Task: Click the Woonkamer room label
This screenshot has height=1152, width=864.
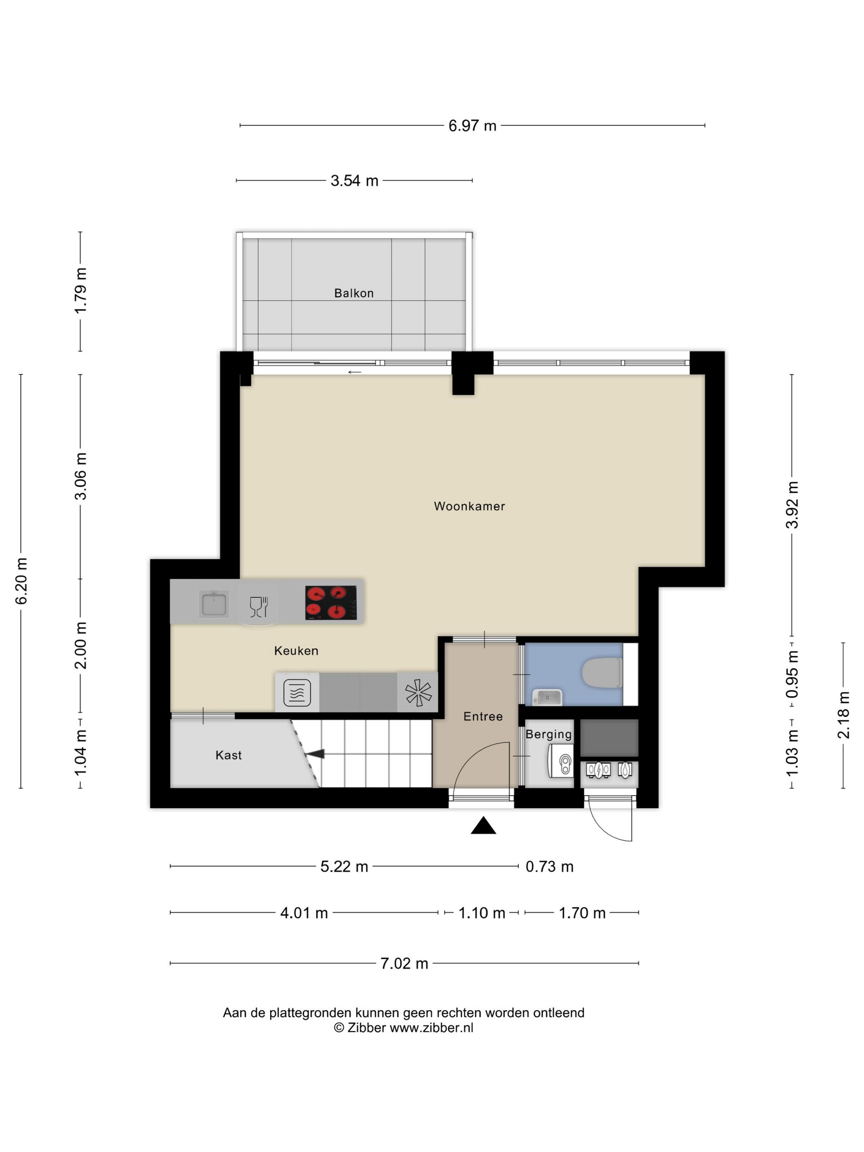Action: (x=469, y=506)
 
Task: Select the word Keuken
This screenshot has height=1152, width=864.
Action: (x=296, y=650)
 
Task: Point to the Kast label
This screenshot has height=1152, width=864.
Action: (x=229, y=755)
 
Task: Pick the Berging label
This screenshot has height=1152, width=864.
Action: (x=548, y=735)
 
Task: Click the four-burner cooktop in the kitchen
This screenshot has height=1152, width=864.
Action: (x=331, y=603)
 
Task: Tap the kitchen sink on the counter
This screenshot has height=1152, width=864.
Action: (x=214, y=603)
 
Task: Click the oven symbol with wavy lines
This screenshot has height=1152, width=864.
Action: (x=297, y=693)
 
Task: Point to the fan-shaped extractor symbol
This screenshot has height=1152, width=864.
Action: (x=418, y=693)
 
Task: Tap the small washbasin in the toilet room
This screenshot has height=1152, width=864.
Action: (x=547, y=697)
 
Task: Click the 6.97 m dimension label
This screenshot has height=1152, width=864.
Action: (x=472, y=126)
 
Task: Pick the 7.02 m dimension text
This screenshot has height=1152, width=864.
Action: (x=404, y=964)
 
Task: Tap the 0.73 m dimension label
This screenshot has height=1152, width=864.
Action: (x=549, y=866)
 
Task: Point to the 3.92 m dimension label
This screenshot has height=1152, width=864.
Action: (x=792, y=505)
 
